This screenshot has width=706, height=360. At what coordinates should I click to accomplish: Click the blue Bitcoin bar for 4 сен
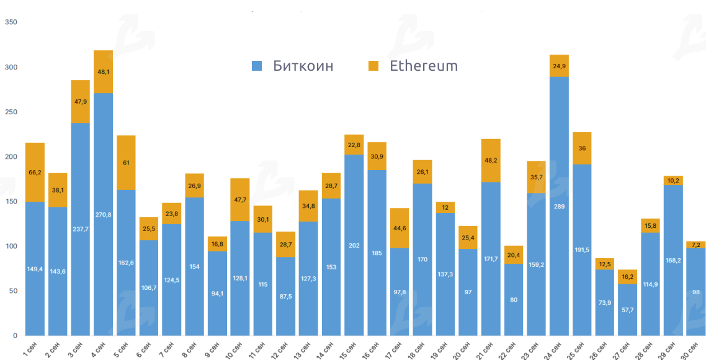tap(103, 214)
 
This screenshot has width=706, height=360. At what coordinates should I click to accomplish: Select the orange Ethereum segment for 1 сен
tap(35, 172)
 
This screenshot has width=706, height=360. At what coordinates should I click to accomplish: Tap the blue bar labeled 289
tap(559, 205)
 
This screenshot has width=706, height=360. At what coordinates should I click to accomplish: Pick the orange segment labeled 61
tap(126, 163)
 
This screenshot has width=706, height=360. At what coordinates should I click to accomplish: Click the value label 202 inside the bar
tap(354, 246)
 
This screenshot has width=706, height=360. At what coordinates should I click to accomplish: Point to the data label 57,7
tap(627, 308)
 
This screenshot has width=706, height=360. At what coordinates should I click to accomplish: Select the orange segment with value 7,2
tap(695, 245)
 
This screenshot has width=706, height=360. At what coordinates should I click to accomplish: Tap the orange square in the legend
tap(373, 66)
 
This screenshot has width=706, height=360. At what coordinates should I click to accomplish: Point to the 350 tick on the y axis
tap(11, 22)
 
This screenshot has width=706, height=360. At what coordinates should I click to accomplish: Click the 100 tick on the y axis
tap(11, 246)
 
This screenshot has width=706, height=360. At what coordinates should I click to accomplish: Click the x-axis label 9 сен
tap(212, 345)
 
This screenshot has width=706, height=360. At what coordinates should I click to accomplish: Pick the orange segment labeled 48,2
tap(491, 160)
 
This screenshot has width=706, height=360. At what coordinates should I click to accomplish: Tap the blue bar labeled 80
tap(513, 300)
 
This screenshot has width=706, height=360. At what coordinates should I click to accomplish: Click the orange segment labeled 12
tap(445, 207)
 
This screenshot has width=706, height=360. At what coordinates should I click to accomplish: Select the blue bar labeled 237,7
tap(80, 229)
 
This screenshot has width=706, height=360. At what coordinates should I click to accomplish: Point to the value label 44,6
tap(400, 228)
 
